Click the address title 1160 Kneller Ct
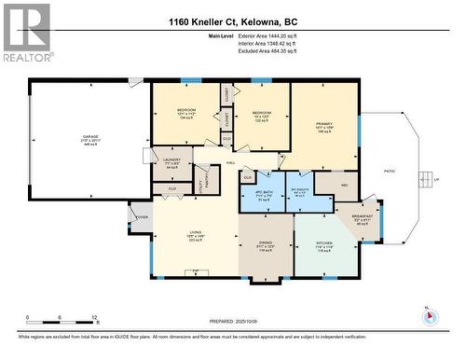tap(232, 20)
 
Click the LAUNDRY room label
tap(171, 160)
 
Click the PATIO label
tap(389, 173)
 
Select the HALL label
tap(231, 162)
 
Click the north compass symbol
tap(429, 315)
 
